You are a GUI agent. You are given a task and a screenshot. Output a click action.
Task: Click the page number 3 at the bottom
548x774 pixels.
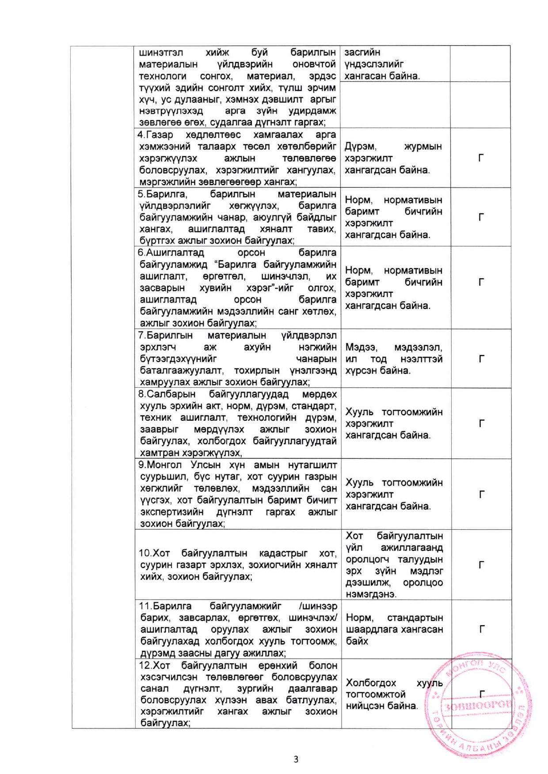coord(296,759)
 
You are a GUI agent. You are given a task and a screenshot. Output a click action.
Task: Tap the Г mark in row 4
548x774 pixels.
coord(481,158)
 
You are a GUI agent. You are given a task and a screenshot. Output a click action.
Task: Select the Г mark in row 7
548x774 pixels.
coord(481,359)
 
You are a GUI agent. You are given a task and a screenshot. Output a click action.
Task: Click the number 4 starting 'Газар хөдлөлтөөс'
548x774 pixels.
coord(140,135)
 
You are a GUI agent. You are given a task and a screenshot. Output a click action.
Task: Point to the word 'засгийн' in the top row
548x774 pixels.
coord(362,53)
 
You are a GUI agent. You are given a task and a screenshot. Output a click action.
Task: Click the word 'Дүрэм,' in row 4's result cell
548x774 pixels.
coord(360,146)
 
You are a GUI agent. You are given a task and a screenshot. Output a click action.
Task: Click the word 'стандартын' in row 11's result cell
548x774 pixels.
coord(415,617)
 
